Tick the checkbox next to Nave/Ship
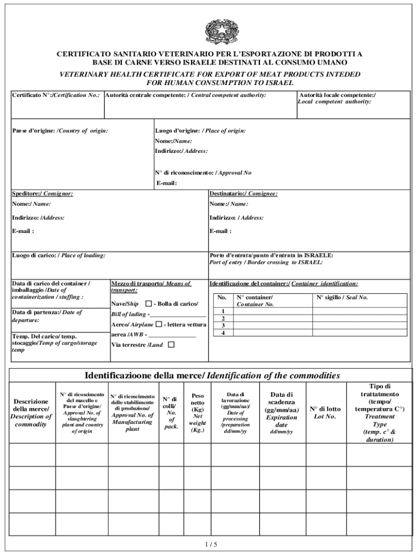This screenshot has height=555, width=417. click(148, 304)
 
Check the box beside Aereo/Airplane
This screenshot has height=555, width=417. click(159, 324)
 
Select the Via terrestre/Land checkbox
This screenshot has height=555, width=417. click(171, 344)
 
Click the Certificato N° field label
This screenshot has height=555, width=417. click(56, 95)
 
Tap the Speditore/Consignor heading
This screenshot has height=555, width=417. click(42, 193)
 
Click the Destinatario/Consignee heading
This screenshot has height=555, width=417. click(243, 193)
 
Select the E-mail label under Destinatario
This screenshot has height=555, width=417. click(220, 231)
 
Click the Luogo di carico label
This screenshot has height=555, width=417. click(58, 255)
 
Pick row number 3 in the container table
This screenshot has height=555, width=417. click(223, 325)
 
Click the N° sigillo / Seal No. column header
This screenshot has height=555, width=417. click(342, 298)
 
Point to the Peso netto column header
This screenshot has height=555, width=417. click(197, 413)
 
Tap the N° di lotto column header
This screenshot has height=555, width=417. click(325, 412)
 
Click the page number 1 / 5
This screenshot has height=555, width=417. click(208, 544)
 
